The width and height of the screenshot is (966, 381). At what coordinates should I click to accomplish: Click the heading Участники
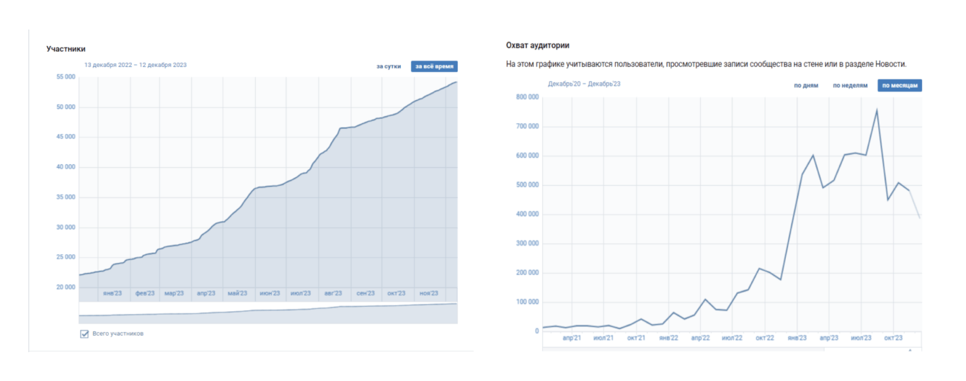coord(66,49)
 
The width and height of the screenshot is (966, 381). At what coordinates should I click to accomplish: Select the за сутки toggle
coord(389,66)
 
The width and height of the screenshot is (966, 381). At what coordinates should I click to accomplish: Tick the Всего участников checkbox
coord(84,333)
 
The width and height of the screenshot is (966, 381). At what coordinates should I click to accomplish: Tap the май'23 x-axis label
coord(237,293)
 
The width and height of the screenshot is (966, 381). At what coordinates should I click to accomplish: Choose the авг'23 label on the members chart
coord(333,293)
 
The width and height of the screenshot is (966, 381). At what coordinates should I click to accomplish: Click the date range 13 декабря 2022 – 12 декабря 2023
coord(136,65)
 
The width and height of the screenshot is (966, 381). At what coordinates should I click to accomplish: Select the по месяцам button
coord(900,85)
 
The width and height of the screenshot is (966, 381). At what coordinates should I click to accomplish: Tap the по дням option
coord(806,85)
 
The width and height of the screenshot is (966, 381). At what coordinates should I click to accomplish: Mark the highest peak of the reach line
coord(877,109)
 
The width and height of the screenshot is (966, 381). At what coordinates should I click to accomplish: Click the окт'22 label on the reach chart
coord(764,338)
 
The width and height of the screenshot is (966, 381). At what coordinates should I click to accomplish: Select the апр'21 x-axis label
coord(572,338)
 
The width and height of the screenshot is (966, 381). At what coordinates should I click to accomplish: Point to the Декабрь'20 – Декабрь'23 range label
coord(584,84)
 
